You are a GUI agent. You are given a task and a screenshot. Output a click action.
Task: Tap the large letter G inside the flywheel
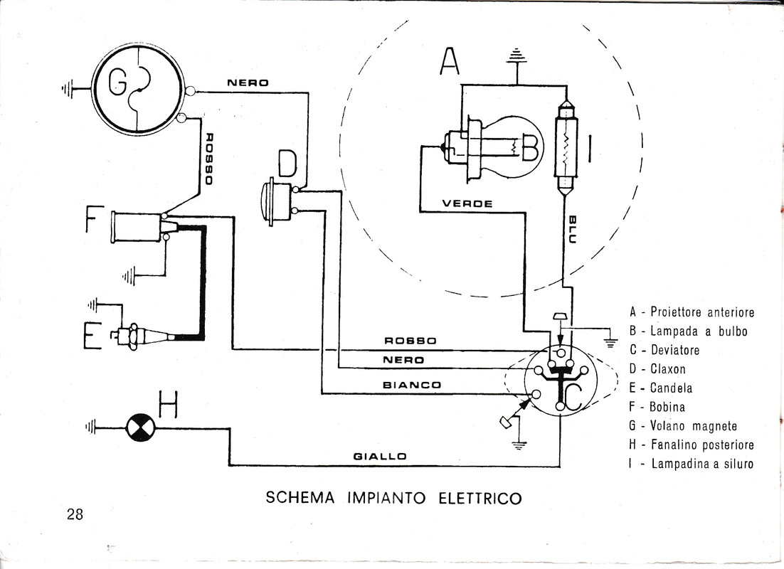click(x=117, y=86)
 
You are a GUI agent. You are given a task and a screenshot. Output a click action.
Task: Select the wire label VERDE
click(x=467, y=203)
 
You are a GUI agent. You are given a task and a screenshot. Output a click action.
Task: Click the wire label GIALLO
click(x=380, y=456)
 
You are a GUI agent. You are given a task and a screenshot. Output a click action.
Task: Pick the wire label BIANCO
click(x=411, y=385)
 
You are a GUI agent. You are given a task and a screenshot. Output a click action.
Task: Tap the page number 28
click(x=75, y=514)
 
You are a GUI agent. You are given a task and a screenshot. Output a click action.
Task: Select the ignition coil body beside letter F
click(x=135, y=226)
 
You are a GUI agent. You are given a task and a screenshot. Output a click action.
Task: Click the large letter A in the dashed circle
click(x=449, y=62)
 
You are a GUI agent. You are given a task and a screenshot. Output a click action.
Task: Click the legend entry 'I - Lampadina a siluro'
click(x=691, y=464)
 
